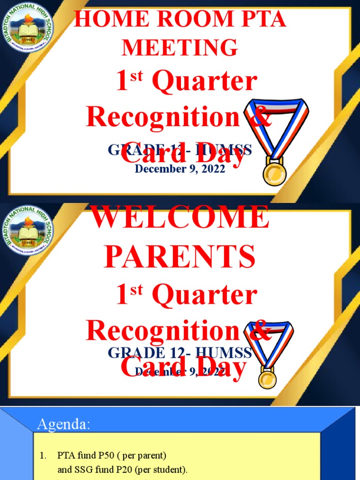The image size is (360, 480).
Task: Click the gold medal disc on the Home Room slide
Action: coord(274,172)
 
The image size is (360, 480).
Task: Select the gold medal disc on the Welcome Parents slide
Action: coord(268,378)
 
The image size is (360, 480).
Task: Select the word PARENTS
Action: coord(180,256)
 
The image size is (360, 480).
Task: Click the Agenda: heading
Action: coord(63,425)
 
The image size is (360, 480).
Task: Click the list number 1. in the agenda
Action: coord(43,455)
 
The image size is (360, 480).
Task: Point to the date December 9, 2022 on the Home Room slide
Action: coord(180,169)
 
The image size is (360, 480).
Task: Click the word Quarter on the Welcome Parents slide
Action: coord(205,296)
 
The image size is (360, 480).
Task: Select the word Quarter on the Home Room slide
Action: coord(205,82)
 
